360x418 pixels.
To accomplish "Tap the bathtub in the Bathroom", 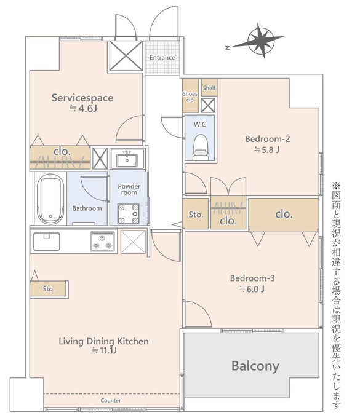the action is tap(50, 199).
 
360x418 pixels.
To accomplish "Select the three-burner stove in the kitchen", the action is tap(103, 241).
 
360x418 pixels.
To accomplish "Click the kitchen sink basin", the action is tap(46, 241).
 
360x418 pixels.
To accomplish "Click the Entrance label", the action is tap(162, 57).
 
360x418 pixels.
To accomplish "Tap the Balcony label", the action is tap(255, 366).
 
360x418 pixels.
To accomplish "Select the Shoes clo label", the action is tap(190, 97).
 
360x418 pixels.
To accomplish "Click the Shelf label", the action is tap(209, 88).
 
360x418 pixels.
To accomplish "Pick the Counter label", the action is tap(111, 400).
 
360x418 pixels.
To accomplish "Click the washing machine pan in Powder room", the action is tap(129, 213).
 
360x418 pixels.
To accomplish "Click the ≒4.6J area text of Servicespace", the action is tap(82, 108).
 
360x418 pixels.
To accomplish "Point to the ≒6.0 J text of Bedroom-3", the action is tap(252, 289).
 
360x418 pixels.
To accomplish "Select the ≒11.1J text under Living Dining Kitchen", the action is tap(104, 350).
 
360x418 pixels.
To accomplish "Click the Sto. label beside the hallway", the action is tap(196, 215).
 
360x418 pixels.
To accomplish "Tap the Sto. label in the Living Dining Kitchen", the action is tap(48, 289).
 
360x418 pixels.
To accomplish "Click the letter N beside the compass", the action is tap(227, 48).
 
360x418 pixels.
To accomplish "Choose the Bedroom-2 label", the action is tap(268, 139).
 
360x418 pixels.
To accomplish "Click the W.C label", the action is tap(200, 124).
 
